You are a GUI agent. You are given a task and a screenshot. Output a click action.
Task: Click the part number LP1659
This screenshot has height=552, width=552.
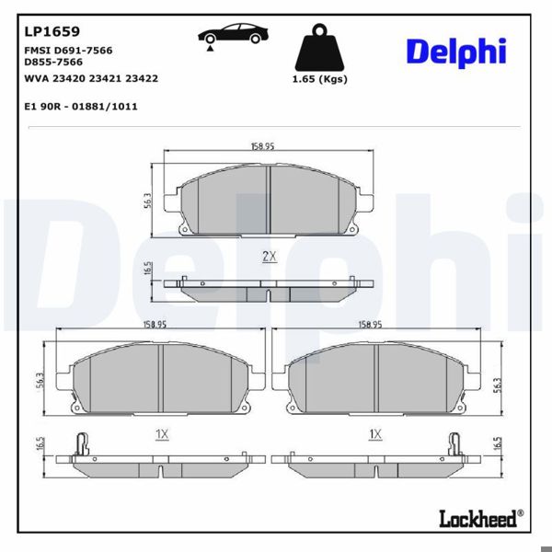(52, 30)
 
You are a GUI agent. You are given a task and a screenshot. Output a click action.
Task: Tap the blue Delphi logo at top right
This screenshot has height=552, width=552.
(456, 52)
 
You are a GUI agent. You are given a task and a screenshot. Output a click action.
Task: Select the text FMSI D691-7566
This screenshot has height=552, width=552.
(68, 50)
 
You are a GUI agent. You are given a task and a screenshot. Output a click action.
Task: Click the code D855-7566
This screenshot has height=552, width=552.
(52, 62)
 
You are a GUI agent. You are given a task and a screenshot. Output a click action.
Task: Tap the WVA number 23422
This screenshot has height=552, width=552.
(143, 78)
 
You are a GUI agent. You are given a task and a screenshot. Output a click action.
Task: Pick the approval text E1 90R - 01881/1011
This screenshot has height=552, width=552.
(81, 107)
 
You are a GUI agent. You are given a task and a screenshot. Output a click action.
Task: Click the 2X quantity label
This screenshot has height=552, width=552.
(269, 257)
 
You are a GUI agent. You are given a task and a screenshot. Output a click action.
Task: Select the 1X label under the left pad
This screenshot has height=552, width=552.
(161, 433)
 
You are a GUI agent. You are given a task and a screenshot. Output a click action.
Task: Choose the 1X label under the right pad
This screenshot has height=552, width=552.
(375, 433)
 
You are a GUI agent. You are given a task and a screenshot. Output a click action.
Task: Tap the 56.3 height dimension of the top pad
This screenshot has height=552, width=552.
(147, 201)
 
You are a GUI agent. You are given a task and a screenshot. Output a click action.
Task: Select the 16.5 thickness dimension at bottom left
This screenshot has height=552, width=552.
(40, 443)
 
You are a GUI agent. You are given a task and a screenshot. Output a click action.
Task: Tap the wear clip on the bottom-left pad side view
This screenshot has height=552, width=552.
(82, 443)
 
